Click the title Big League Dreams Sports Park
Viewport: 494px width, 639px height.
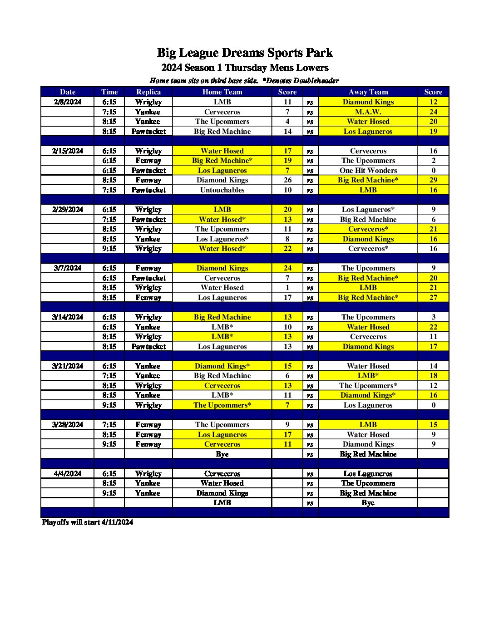(245, 53)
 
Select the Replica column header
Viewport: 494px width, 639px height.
(148, 92)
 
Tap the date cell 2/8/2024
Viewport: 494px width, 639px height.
(68, 102)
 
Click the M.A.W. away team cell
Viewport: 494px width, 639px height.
(368, 112)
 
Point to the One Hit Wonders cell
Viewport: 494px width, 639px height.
(368, 171)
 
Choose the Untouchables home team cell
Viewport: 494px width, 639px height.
(222, 190)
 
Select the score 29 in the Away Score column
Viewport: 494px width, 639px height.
(433, 180)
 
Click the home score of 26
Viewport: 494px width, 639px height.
(287, 180)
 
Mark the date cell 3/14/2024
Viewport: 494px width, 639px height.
(68, 317)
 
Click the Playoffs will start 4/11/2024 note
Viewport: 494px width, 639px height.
(88, 522)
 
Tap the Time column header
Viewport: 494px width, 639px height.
(109, 92)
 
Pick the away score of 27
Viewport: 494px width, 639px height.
(433, 298)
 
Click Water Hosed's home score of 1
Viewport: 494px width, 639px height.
(287, 288)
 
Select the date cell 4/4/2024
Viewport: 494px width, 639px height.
(68, 474)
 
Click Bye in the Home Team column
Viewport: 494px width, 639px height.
(222, 454)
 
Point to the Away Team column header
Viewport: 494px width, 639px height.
(368, 92)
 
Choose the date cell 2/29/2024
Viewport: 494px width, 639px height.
(68, 210)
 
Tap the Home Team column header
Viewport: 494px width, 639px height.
(222, 92)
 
